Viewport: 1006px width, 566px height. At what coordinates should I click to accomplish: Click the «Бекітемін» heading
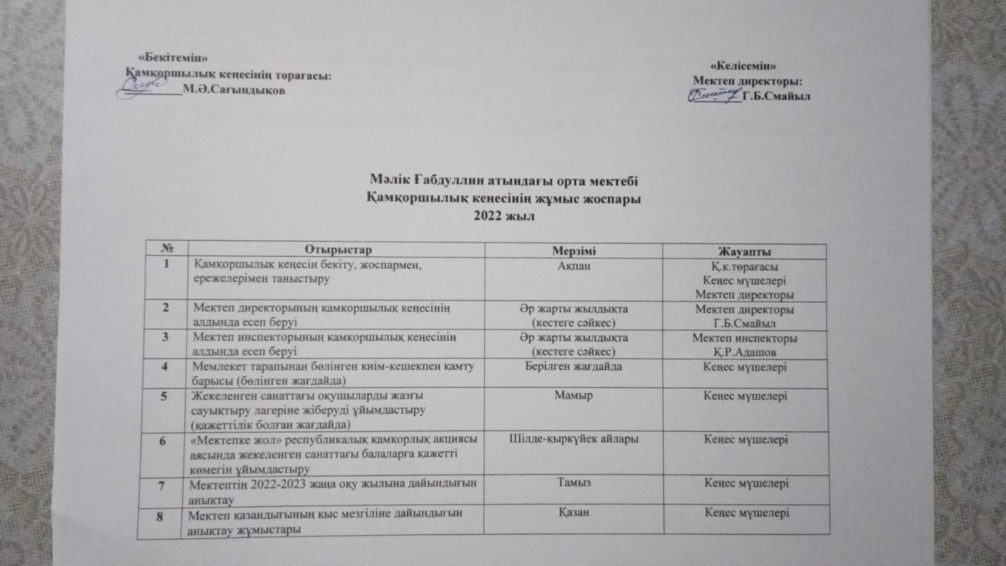tap(172, 59)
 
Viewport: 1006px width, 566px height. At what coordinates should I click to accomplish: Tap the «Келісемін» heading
tap(743, 65)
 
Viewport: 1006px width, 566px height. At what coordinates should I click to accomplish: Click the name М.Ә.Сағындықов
tap(234, 91)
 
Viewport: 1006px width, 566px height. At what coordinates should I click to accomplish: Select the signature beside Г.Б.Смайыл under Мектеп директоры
tap(713, 96)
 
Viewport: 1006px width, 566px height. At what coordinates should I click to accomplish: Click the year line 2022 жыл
tap(504, 216)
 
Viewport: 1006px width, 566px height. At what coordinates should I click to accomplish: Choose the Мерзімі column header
tap(574, 251)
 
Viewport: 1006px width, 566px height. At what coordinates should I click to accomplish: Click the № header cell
tap(167, 249)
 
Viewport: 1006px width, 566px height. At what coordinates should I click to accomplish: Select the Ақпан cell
tap(574, 266)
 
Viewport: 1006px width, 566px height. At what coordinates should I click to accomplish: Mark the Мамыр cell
tap(573, 395)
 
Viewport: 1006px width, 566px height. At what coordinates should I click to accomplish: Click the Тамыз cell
tap(573, 482)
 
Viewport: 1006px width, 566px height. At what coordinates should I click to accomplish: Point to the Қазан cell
tap(574, 512)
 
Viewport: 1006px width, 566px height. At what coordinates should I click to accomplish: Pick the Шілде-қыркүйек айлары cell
tap(573, 439)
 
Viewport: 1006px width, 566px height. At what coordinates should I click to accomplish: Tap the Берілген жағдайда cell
tap(573, 366)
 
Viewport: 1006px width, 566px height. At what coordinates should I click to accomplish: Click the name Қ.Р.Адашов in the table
tap(744, 353)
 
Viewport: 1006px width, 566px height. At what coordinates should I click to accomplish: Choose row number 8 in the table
tap(160, 516)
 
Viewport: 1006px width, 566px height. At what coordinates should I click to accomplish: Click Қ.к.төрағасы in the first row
tap(744, 266)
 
